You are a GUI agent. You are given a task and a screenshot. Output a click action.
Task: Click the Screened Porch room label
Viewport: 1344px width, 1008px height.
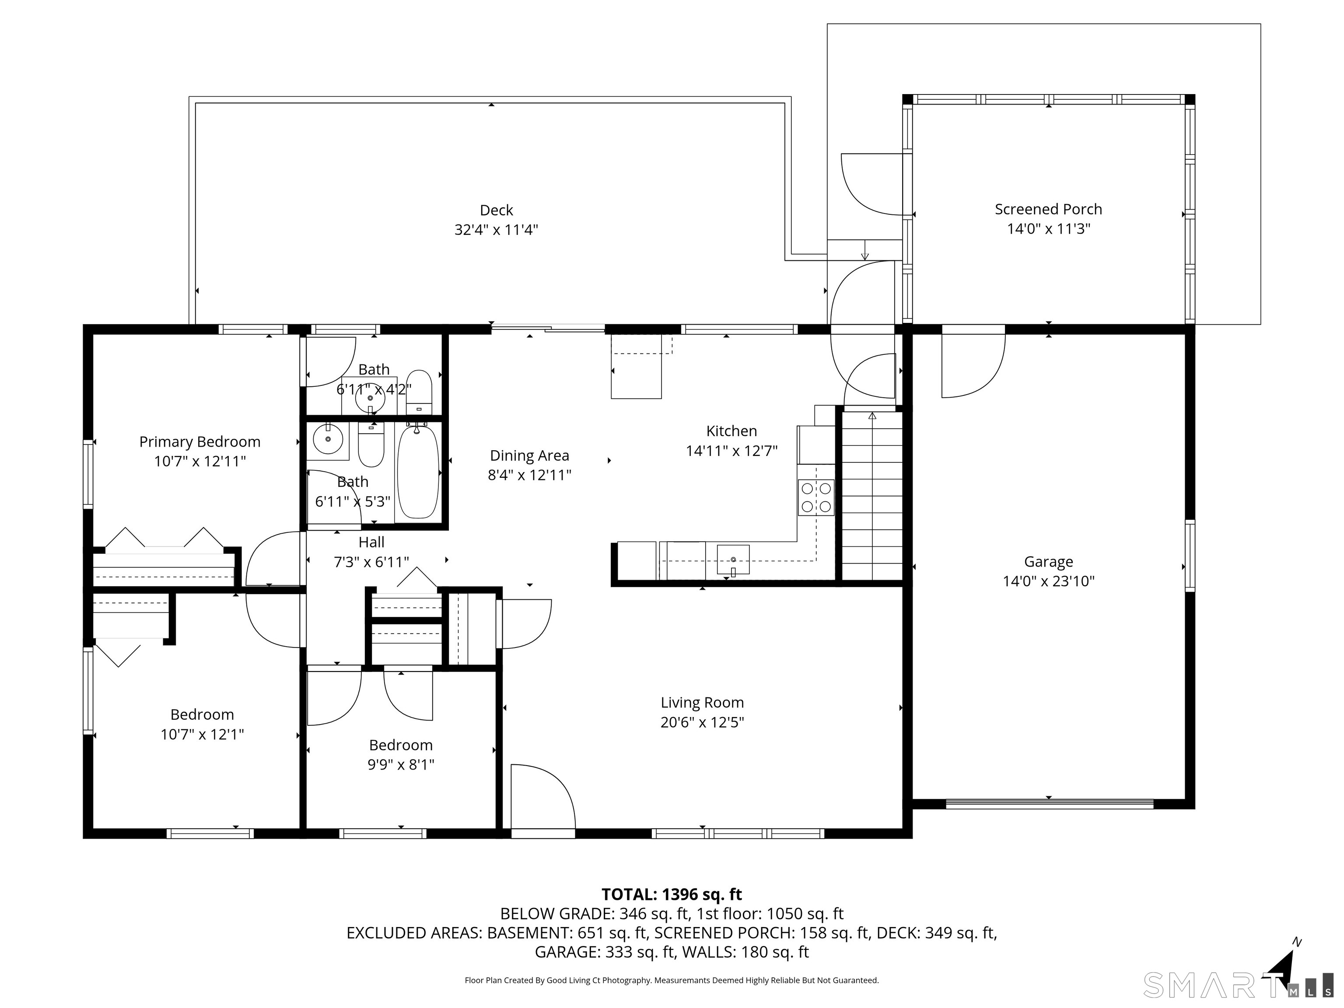[1048, 209]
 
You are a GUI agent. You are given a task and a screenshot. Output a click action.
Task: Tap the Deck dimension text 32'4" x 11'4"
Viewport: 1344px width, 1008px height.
[497, 230]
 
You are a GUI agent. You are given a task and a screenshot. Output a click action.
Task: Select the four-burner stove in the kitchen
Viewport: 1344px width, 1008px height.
[816, 497]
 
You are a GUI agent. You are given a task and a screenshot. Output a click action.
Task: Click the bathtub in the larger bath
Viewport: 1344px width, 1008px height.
[417, 472]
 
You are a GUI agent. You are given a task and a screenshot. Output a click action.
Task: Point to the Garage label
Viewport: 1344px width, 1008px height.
[1048, 561]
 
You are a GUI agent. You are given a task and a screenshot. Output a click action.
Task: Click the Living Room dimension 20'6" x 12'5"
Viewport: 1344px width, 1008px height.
[702, 722]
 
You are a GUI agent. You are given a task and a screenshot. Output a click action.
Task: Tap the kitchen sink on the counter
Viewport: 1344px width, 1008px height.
[733, 560]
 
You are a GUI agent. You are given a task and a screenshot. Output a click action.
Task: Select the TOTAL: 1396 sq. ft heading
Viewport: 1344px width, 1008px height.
[672, 894]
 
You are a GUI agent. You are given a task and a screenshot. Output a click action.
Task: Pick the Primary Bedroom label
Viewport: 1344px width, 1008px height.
[199, 442]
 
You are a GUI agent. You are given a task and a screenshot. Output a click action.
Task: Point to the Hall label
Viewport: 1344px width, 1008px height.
[371, 542]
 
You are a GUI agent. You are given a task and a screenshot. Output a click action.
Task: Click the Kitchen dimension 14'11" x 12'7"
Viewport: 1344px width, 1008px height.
[731, 451]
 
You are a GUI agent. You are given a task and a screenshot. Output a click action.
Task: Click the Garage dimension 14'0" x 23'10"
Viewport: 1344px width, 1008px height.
[1048, 581]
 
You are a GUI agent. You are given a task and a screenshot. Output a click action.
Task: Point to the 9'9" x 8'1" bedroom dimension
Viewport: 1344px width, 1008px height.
[401, 764]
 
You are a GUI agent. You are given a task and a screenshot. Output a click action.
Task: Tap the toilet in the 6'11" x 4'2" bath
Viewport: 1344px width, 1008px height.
[419, 392]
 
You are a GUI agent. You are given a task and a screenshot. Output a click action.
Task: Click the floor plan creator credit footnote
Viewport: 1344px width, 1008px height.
[672, 980]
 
